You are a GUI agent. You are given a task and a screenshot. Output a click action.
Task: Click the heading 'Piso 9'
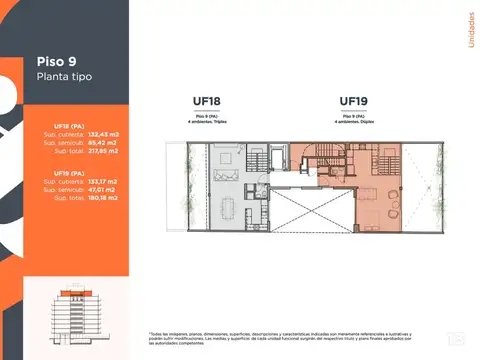pos(58,58)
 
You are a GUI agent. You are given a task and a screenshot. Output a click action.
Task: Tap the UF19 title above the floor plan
pos(355,100)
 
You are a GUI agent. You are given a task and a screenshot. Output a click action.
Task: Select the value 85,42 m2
pos(103,143)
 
